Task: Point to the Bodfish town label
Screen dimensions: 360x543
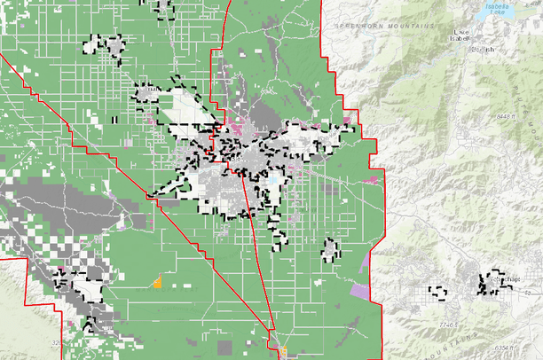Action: coord(484,50)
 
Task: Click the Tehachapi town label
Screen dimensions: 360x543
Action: coord(504,280)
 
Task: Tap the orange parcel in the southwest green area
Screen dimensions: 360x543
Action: coord(157,284)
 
